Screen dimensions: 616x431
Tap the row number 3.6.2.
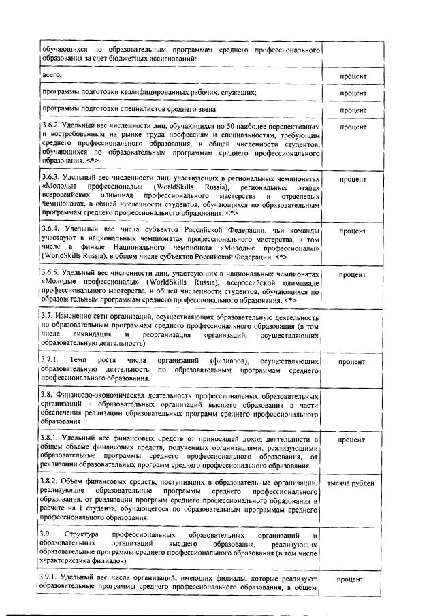pos(52,127)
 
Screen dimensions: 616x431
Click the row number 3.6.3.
pos(52,178)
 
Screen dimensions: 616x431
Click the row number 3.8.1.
pos(52,439)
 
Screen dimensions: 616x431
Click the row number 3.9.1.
pos(52,579)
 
